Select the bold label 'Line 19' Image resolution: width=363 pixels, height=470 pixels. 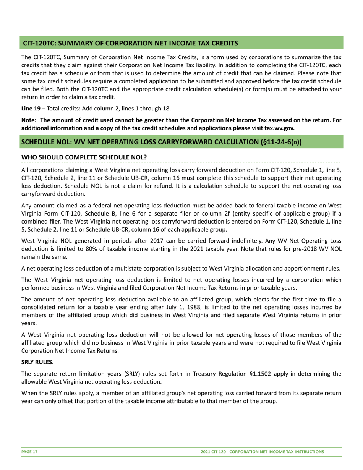[x=30, y=97]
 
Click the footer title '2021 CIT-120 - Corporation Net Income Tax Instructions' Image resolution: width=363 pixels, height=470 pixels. [x=263, y=451]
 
